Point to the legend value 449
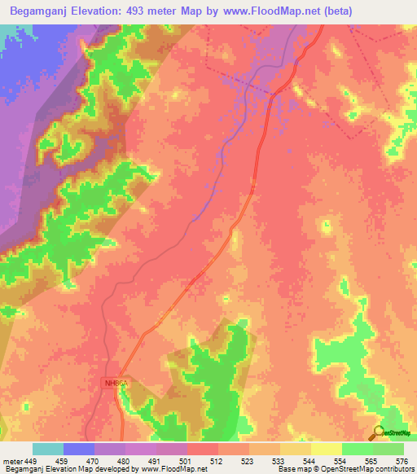pyautogui.click(x=32, y=461)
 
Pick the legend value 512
pyautogui.click(x=217, y=461)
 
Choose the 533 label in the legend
pyautogui.click(x=279, y=461)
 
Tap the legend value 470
pyautogui.click(x=94, y=461)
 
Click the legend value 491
pyautogui.click(x=156, y=461)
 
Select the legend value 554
pyautogui.click(x=341, y=461)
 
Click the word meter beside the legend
pyautogui.click(x=11, y=461)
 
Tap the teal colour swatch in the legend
pyautogui.click(x=47, y=449)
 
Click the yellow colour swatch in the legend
pyautogui.click(x=326, y=449)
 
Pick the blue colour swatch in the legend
pyautogui.click(x=78, y=449)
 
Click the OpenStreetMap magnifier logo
pyautogui.click(x=377, y=432)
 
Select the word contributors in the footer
pyautogui.click(x=392, y=470)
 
